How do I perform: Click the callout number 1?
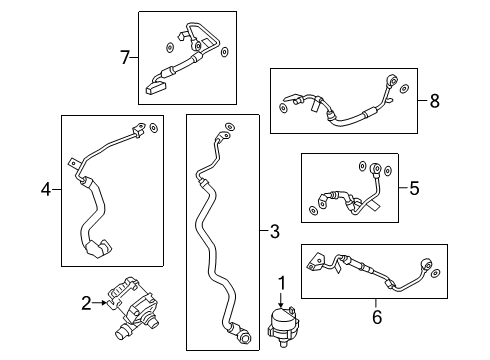(282, 283)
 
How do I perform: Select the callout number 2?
(86, 303)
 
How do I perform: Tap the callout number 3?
(275, 231)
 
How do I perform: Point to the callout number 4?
(46, 190)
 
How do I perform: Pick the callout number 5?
(414, 188)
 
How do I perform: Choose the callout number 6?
(377, 317)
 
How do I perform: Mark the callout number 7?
(125, 57)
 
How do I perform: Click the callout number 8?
(434, 101)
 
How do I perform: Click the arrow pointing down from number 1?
(282, 299)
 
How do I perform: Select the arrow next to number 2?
(99, 303)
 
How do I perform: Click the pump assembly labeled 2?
(134, 307)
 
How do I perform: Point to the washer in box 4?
(154, 128)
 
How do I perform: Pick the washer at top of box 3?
(230, 127)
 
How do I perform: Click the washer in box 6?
(436, 273)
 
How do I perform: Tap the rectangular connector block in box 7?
(156, 88)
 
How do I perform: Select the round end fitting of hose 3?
(245, 337)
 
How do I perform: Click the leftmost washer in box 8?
(283, 108)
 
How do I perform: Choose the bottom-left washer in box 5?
(313, 210)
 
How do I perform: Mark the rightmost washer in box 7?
(225, 52)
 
